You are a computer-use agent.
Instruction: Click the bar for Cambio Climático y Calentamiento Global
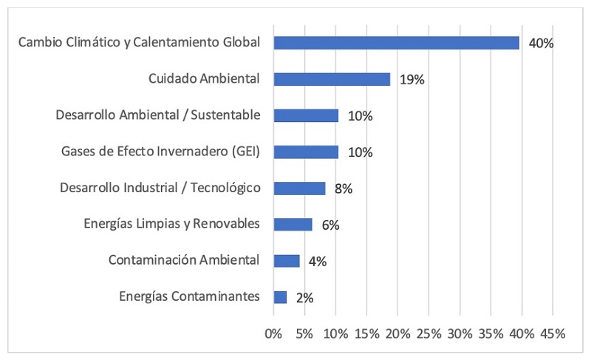(x=396, y=43)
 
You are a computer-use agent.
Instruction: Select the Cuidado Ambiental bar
(x=332, y=79)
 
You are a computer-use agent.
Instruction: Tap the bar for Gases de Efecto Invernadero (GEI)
(x=306, y=152)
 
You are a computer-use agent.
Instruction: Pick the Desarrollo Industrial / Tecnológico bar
(x=299, y=189)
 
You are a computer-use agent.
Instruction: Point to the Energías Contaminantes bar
(x=280, y=297)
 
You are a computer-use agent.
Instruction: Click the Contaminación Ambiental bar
(x=287, y=261)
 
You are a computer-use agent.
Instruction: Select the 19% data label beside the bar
(x=411, y=80)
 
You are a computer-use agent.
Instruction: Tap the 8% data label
(x=344, y=189)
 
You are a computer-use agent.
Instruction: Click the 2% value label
(x=304, y=298)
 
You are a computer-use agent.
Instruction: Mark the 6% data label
(x=330, y=225)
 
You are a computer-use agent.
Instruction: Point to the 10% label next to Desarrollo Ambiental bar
(x=361, y=116)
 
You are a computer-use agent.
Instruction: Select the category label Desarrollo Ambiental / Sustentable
(x=158, y=115)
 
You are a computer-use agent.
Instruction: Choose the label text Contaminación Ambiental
(x=184, y=260)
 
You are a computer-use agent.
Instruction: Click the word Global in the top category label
(x=241, y=42)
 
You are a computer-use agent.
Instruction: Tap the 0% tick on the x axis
(x=273, y=333)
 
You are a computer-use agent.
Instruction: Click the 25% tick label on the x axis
(x=428, y=333)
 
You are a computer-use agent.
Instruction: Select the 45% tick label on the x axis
(x=552, y=333)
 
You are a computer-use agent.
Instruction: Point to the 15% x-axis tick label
(x=366, y=333)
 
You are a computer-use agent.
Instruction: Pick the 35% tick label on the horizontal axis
(x=491, y=333)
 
